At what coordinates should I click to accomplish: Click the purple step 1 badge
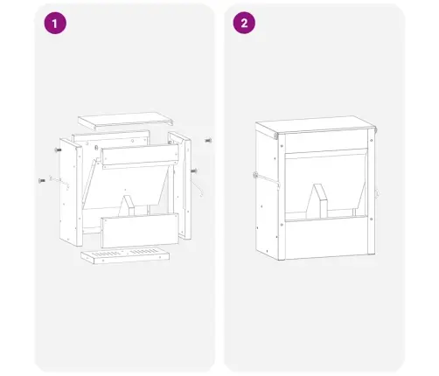click(55, 23)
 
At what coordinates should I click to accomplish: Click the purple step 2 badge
click(244, 23)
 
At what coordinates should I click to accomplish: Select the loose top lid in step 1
click(125, 120)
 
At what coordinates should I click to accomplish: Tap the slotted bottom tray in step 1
click(125, 255)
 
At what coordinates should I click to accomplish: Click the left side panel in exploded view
click(71, 191)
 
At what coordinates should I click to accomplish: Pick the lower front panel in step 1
click(140, 231)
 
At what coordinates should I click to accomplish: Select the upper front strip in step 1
click(140, 157)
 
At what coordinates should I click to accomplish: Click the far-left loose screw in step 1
click(42, 181)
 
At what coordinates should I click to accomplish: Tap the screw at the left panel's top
click(58, 150)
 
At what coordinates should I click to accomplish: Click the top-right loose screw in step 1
click(208, 141)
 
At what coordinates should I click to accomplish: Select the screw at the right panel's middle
click(193, 171)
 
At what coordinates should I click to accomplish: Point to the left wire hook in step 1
click(59, 182)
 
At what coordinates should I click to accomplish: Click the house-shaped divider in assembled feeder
click(317, 201)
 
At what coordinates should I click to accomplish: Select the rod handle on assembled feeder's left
click(266, 180)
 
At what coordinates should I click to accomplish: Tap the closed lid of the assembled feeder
click(316, 125)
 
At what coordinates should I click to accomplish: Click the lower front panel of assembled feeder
click(326, 237)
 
